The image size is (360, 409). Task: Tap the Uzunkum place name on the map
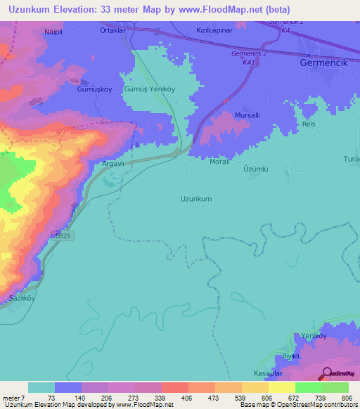pos(196,199)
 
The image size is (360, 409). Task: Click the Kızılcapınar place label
pos(215,32)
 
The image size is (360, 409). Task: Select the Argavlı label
pos(114,163)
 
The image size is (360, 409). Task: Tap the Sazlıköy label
pos(22,299)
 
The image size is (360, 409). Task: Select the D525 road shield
pos(61,237)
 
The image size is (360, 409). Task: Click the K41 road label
pos(248,62)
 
